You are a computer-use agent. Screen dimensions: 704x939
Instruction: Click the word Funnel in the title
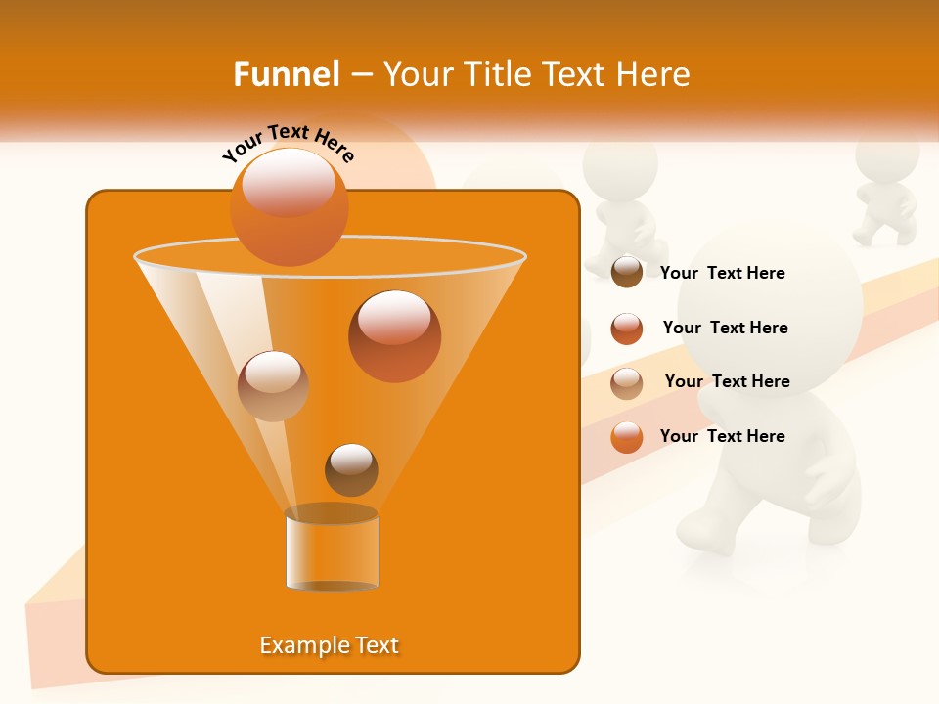pos(287,74)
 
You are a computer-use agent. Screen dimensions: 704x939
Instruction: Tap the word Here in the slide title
pos(649,74)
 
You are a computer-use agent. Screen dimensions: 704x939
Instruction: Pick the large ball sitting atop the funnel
pos(289,206)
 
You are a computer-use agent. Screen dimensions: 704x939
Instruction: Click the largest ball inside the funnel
pos(394,335)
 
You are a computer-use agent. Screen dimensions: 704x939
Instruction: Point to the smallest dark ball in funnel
pos(351,470)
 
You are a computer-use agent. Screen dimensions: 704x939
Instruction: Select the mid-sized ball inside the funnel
pos(273,386)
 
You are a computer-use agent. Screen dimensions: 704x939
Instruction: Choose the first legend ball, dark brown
pos(627,273)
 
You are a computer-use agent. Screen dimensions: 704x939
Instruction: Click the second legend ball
pos(627,329)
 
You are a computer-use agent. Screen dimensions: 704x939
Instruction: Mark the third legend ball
pos(627,383)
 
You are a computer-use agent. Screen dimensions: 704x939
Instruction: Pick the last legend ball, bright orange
pos(627,437)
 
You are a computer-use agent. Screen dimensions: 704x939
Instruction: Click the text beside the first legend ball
pos(722,273)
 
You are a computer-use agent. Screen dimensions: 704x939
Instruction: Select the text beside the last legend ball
pos(722,436)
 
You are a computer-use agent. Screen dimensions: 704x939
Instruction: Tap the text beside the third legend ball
pos(727,381)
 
